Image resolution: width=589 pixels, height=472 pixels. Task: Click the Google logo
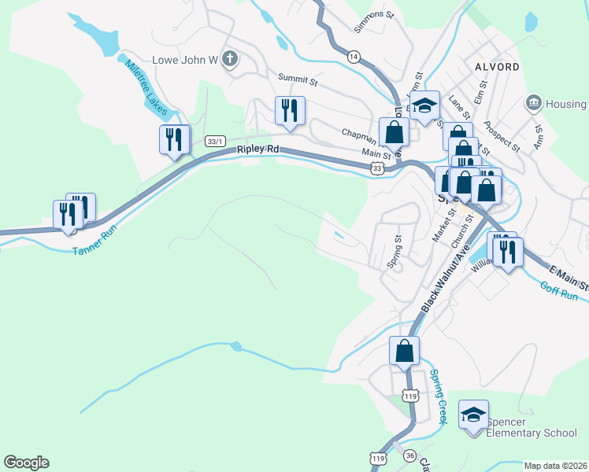pyautogui.click(x=26, y=463)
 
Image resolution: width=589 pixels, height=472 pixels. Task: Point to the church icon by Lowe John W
pyautogui.click(x=230, y=60)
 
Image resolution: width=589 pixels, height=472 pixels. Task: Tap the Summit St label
pyautogui.click(x=298, y=79)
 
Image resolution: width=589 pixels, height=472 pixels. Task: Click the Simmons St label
pyautogui.click(x=373, y=14)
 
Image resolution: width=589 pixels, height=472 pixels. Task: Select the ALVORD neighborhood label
pyautogui.click(x=497, y=67)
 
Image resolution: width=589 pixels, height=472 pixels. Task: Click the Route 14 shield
pyautogui.click(x=354, y=56)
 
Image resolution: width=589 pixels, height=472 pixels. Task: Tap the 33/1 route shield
pyautogui.click(x=214, y=141)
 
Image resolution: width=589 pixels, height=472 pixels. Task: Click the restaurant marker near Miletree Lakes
pyautogui.click(x=174, y=139)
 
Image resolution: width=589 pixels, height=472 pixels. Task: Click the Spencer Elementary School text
pyautogui.click(x=532, y=428)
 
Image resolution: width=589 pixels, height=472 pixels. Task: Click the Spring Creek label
pyautogui.click(x=438, y=398)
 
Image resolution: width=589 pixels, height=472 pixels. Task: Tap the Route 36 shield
pyautogui.click(x=409, y=455)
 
